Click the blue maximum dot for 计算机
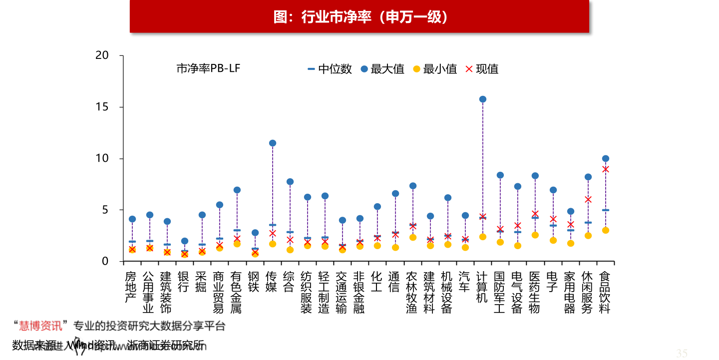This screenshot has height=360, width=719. click(x=482, y=99)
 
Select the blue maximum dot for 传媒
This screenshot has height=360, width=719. click(x=273, y=143)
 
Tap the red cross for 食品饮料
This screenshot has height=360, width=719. click(x=605, y=169)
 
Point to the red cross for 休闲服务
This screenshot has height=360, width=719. click(x=588, y=200)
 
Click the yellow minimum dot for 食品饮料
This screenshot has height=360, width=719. click(x=605, y=230)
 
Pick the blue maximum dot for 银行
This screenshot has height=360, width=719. click(x=185, y=241)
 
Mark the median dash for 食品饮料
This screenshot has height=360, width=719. click(x=605, y=210)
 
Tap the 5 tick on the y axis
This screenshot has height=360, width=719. click(x=104, y=210)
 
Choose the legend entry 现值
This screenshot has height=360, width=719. click(x=481, y=69)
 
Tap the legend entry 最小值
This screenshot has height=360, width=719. click(x=434, y=69)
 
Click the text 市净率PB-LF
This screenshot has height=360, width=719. click(x=208, y=68)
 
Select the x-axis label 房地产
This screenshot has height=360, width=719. click(x=130, y=287)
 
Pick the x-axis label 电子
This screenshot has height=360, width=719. click(x=552, y=282)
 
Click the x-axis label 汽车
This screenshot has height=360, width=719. click(x=464, y=282)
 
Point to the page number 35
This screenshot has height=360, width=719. click(x=682, y=354)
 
